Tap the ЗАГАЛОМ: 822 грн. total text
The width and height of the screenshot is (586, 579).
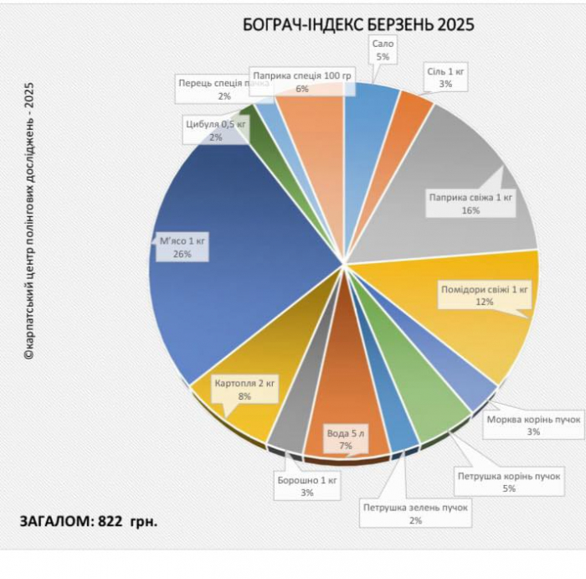pyautogui.click(x=88, y=521)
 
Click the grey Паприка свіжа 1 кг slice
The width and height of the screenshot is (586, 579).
pyautogui.click(x=469, y=168)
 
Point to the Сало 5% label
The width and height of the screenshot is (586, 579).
pyautogui.click(x=383, y=49)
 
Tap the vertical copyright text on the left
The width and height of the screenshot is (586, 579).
pyautogui.click(x=28, y=222)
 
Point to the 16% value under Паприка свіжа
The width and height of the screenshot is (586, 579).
pyautogui.click(x=470, y=211)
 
